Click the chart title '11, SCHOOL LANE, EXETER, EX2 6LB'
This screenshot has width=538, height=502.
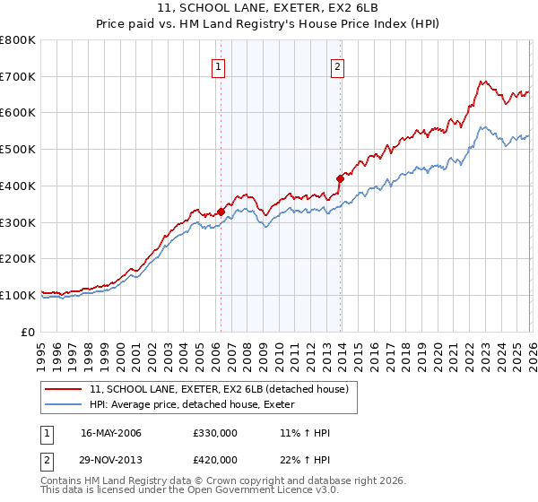pos(268,9)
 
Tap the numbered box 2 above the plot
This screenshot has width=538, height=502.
pos(337,65)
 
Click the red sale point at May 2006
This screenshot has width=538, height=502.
pos(221,212)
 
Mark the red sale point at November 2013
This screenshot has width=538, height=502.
pos(340,178)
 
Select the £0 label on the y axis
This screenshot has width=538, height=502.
pos(29,332)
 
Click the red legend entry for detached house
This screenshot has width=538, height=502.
pos(224,389)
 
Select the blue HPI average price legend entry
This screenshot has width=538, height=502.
pos(197,405)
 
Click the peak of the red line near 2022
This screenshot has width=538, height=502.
pos(482,82)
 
